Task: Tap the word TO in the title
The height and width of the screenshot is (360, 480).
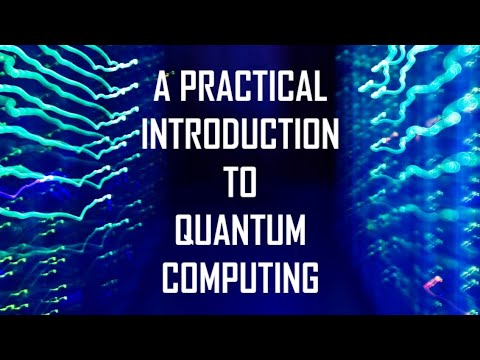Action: tap(240, 184)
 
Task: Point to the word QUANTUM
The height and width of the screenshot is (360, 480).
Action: tap(240, 231)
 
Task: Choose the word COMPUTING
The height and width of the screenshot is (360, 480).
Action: tap(240, 276)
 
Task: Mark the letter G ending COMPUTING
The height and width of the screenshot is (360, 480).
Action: tap(309, 276)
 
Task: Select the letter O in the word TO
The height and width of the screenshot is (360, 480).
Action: tap(251, 184)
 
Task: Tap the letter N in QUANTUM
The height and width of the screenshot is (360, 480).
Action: tap(240, 231)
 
